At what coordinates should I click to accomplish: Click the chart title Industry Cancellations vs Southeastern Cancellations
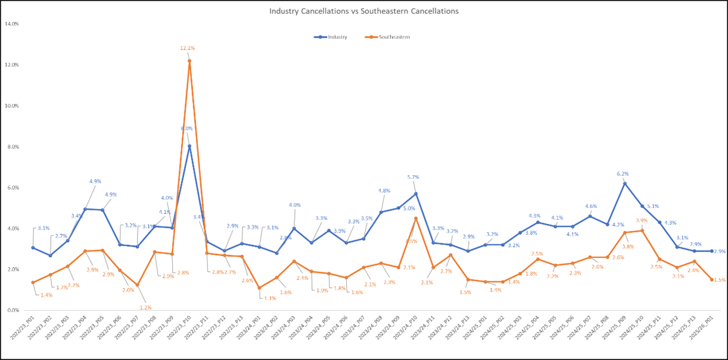tap(363, 11)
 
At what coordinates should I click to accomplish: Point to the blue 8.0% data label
tap(186, 128)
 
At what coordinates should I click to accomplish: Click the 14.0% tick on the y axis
tap(12, 24)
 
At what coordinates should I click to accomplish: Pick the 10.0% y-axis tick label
tap(12, 105)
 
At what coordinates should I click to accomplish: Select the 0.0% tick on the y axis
tap(13, 311)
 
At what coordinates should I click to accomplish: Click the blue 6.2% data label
tap(623, 174)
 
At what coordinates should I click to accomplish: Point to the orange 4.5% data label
tap(412, 241)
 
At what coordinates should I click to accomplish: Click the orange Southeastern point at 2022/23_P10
tap(189, 61)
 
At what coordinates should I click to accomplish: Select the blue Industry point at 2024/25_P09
tap(625, 184)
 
